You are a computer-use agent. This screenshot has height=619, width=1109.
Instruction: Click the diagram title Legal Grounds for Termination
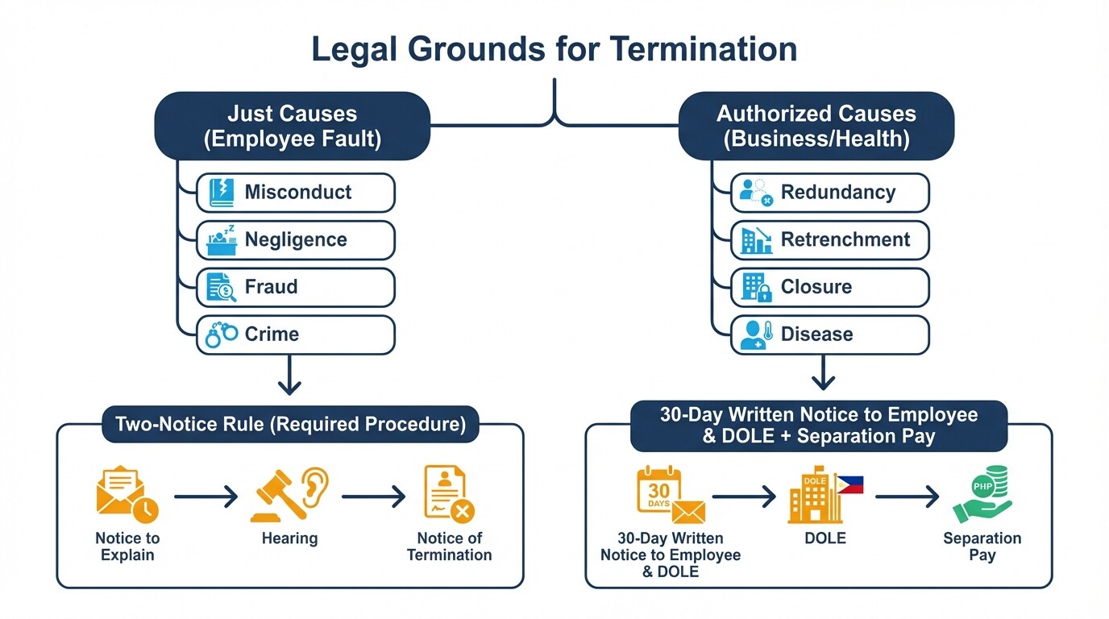554,50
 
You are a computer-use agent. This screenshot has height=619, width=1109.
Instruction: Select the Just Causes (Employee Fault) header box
292,126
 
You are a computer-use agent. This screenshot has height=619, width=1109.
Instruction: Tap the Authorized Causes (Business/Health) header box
816,126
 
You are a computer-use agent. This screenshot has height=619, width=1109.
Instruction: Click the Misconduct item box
296,193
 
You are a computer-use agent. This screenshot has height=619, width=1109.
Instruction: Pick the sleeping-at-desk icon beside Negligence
221,240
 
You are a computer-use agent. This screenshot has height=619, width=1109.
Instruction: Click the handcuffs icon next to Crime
221,334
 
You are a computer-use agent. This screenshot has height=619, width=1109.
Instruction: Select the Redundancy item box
830,193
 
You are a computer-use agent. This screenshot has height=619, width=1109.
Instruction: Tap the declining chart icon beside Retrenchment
756,240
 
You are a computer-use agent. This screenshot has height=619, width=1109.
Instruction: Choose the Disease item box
830,334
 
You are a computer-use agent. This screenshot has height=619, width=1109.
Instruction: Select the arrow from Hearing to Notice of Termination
373,497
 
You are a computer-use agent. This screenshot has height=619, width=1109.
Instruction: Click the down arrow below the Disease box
822,375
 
